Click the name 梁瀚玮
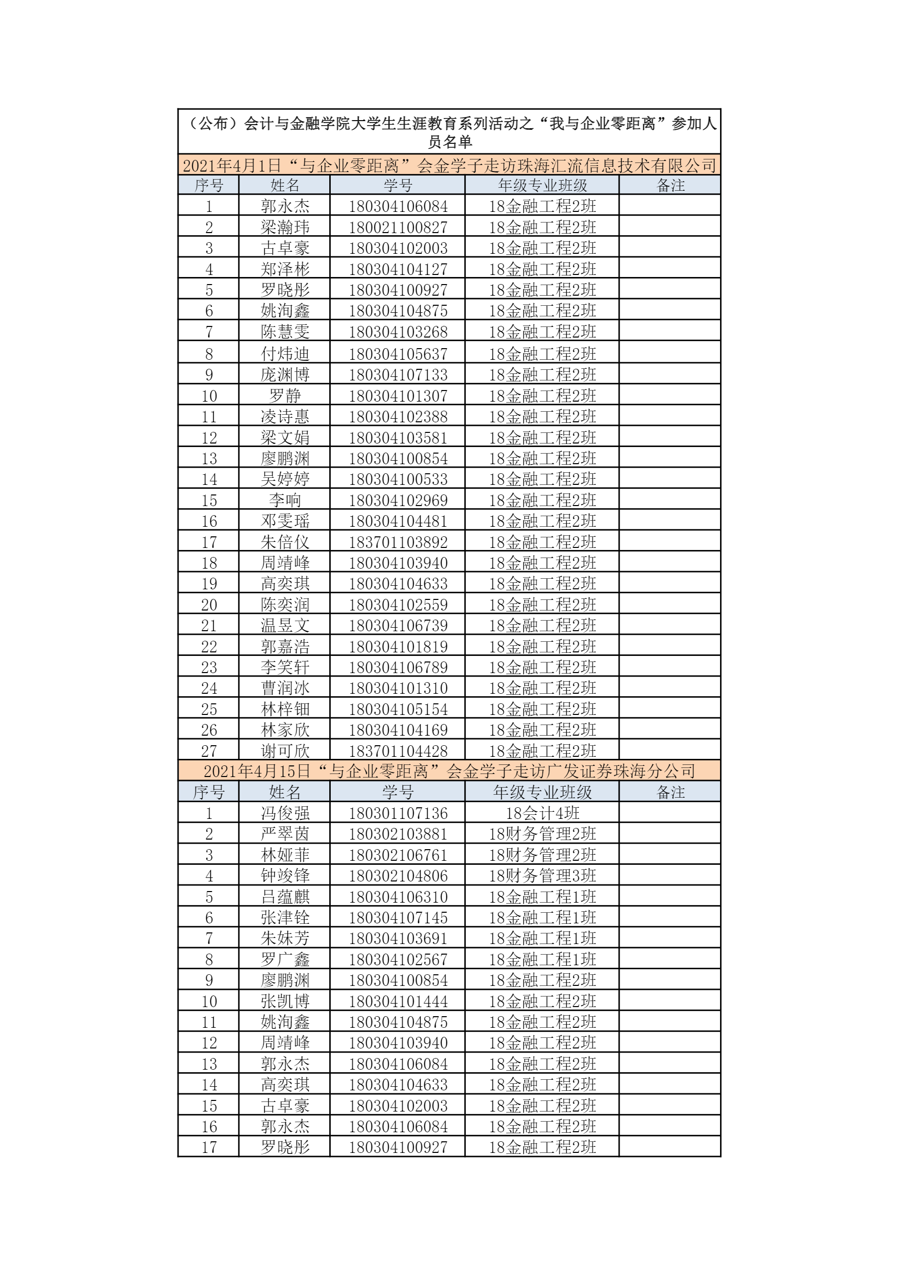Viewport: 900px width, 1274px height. [285, 227]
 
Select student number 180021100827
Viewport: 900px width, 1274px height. [398, 227]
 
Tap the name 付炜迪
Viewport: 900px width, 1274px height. [285, 354]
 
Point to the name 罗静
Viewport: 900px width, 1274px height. [285, 396]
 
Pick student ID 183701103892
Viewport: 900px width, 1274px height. [398, 542]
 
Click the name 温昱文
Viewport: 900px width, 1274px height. [285, 625]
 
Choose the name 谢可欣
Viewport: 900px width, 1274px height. [285, 751]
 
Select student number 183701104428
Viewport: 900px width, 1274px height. [398, 751]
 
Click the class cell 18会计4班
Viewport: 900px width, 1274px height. [542, 813]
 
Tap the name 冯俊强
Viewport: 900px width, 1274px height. [285, 813]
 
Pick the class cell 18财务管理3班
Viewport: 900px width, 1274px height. [542, 875]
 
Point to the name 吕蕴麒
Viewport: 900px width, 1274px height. [285, 897]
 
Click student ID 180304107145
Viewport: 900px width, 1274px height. [398, 917]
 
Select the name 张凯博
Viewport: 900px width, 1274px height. [285, 1001]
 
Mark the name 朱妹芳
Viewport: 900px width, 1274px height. [285, 938]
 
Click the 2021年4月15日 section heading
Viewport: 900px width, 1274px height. [449, 771]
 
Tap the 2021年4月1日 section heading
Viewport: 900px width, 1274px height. [449, 165]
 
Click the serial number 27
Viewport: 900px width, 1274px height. [209, 751]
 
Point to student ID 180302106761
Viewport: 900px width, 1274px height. [398, 855]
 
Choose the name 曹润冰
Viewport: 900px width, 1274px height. [285, 688]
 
